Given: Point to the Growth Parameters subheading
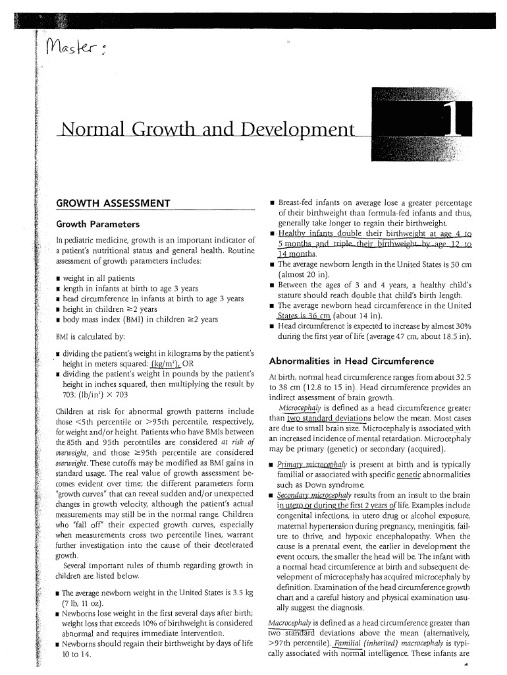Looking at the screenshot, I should coord(97,223).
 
